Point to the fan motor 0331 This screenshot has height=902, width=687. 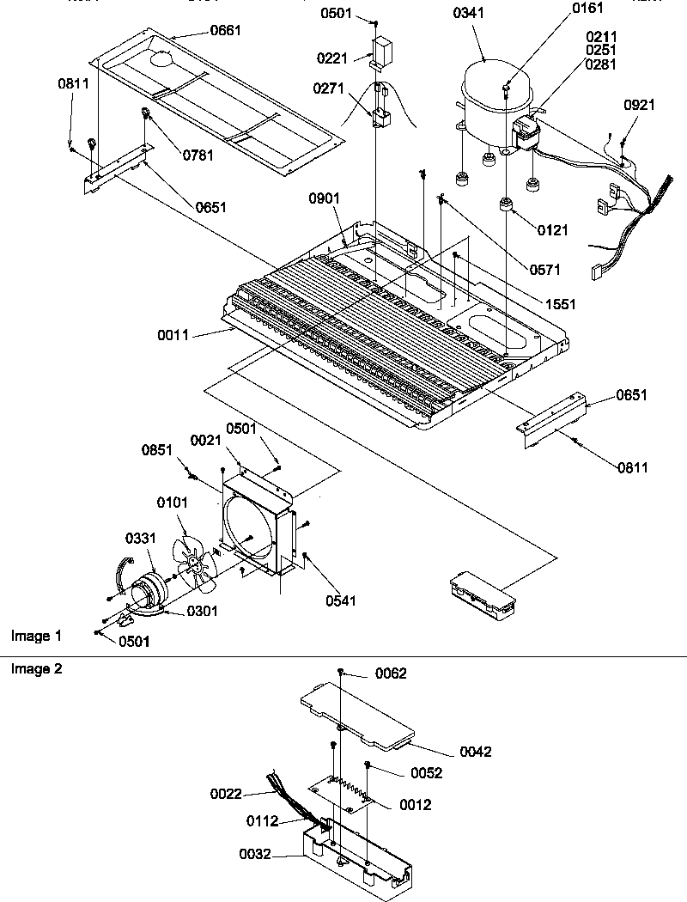tap(149, 593)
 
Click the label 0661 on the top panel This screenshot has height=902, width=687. tap(225, 31)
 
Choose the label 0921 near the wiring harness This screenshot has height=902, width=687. tap(639, 106)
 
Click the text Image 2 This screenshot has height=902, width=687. tap(36, 668)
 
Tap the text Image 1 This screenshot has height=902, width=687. tap(36, 637)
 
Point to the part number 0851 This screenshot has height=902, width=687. tap(158, 449)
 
